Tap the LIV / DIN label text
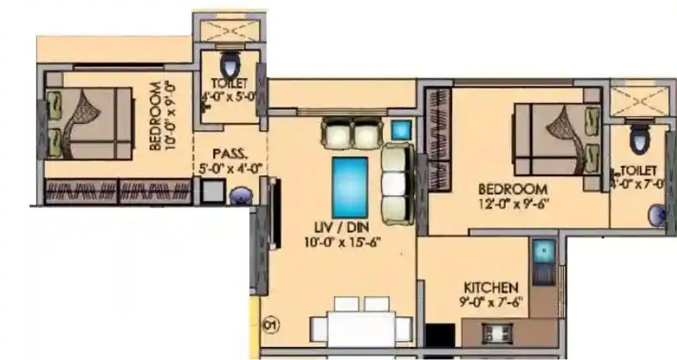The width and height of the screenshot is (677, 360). (x=337, y=227)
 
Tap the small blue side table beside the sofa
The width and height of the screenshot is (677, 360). (x=401, y=130)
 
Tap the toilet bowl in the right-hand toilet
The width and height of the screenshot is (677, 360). (x=637, y=140)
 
